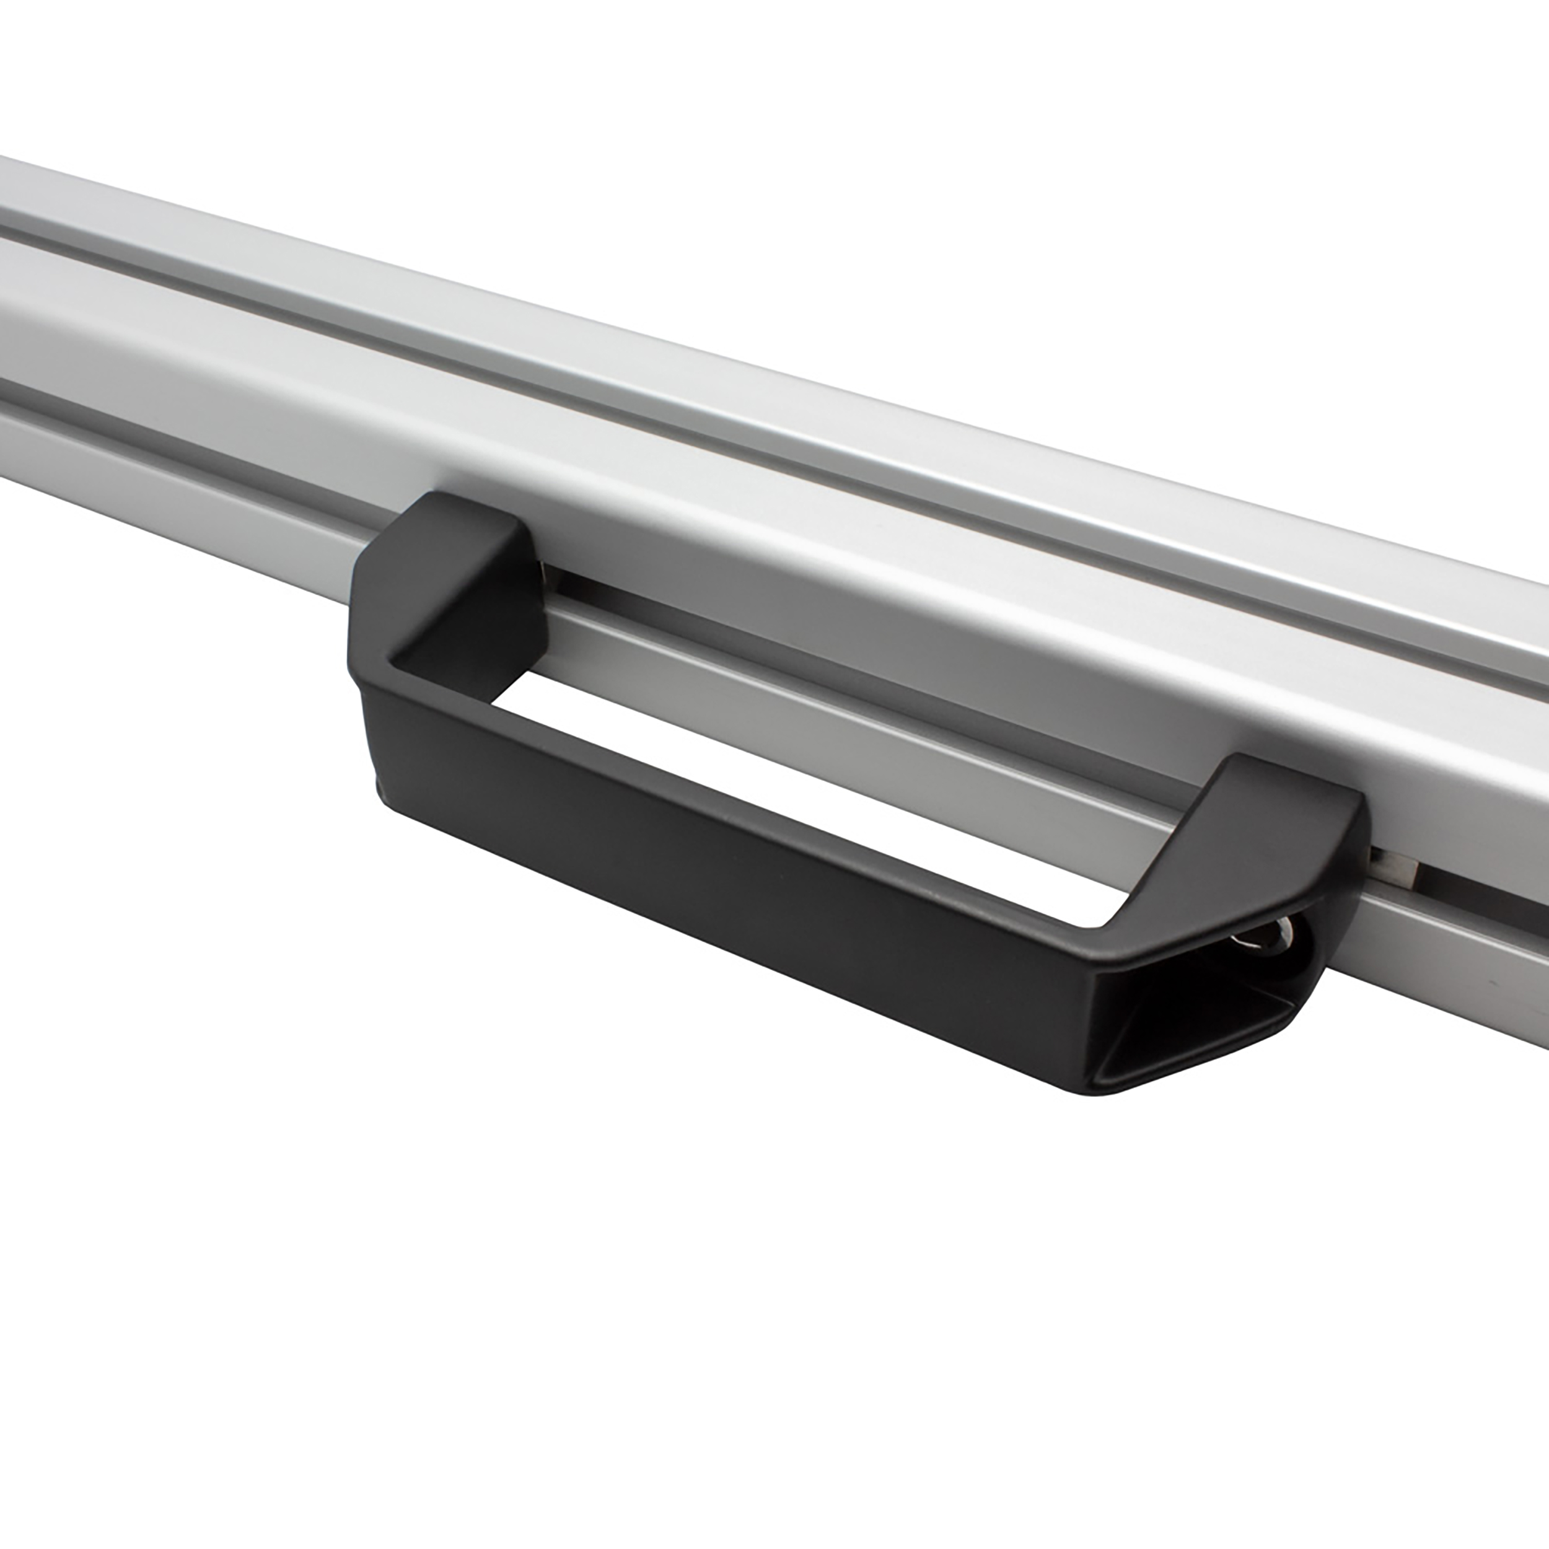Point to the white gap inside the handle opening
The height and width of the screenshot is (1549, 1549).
(x=802, y=786)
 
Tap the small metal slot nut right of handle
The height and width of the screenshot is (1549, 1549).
(x=1395, y=866)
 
